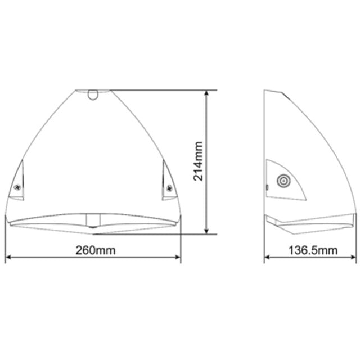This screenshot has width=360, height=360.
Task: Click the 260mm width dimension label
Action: point(96,250)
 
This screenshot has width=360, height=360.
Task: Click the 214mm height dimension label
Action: point(198,161)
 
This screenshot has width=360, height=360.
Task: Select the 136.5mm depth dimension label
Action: point(313,250)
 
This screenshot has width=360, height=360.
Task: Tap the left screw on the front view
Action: point(17,187)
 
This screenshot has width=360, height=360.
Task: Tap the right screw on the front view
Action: point(169,188)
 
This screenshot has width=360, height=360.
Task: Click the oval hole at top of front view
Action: point(93,95)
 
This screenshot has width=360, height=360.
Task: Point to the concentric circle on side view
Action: point(283,181)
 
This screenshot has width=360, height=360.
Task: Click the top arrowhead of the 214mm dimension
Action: point(206,93)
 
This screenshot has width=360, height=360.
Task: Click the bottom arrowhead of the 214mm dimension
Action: point(206,231)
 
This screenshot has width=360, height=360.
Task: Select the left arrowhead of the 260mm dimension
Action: point(8,257)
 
